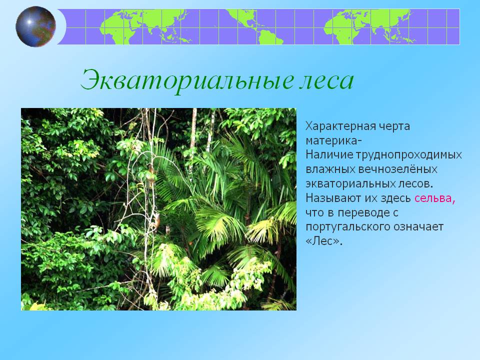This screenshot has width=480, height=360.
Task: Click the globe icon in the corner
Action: (35, 26)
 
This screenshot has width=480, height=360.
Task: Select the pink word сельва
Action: (435, 198)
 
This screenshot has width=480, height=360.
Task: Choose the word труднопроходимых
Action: (408, 155)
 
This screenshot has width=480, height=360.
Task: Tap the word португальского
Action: (347, 227)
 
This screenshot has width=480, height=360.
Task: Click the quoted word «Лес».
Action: (324, 241)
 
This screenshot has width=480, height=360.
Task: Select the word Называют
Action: (333, 198)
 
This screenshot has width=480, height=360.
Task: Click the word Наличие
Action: (329, 155)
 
